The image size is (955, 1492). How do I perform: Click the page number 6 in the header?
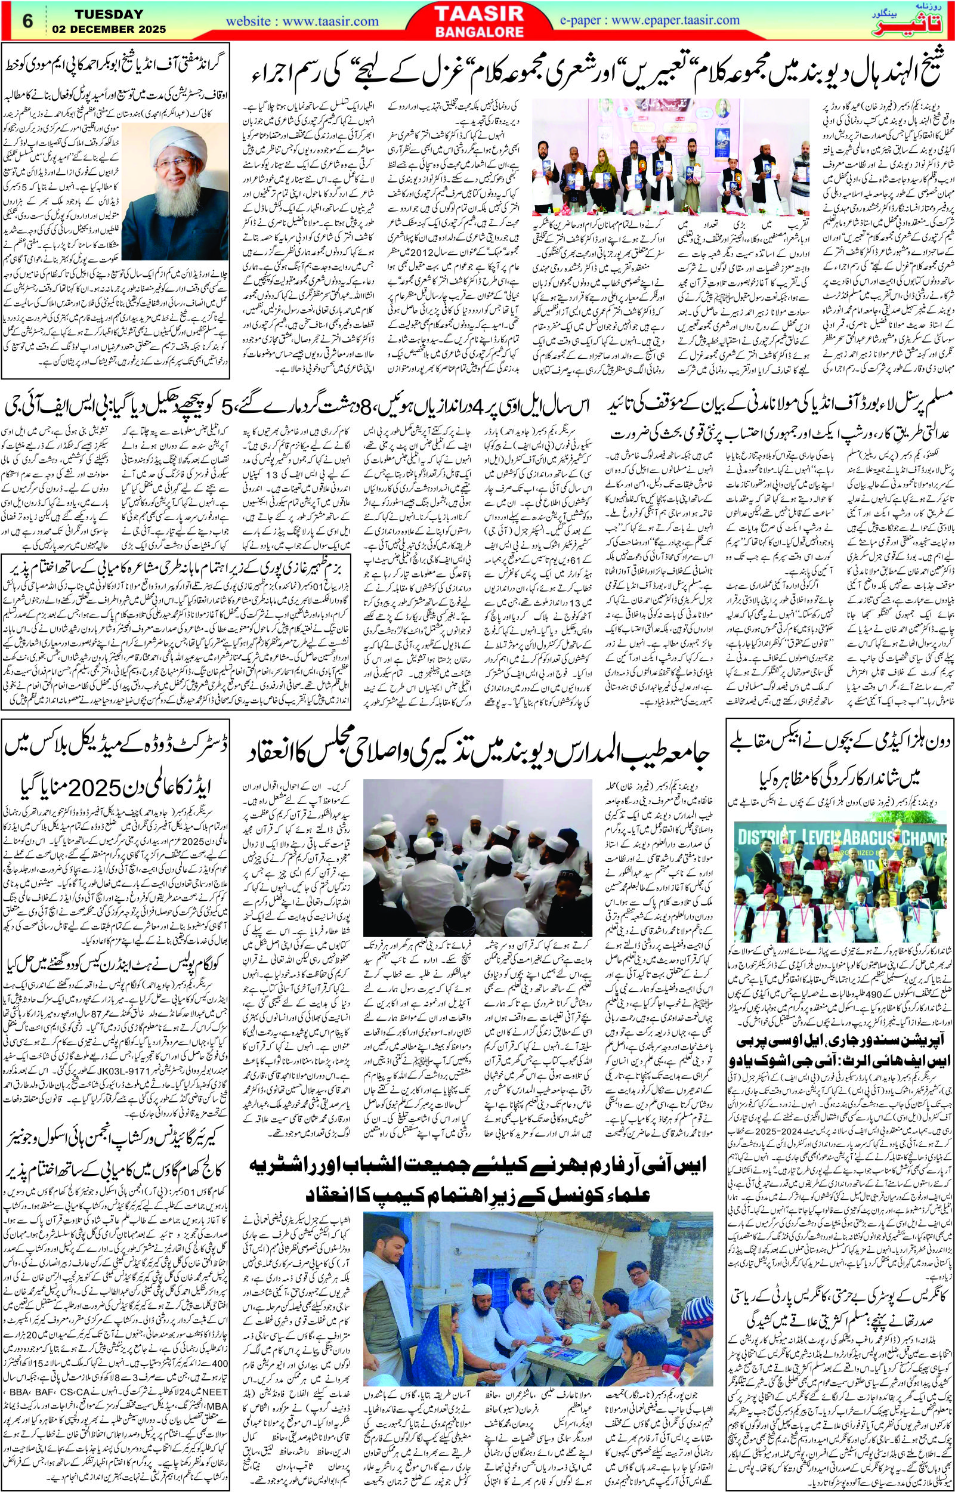[27, 20]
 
